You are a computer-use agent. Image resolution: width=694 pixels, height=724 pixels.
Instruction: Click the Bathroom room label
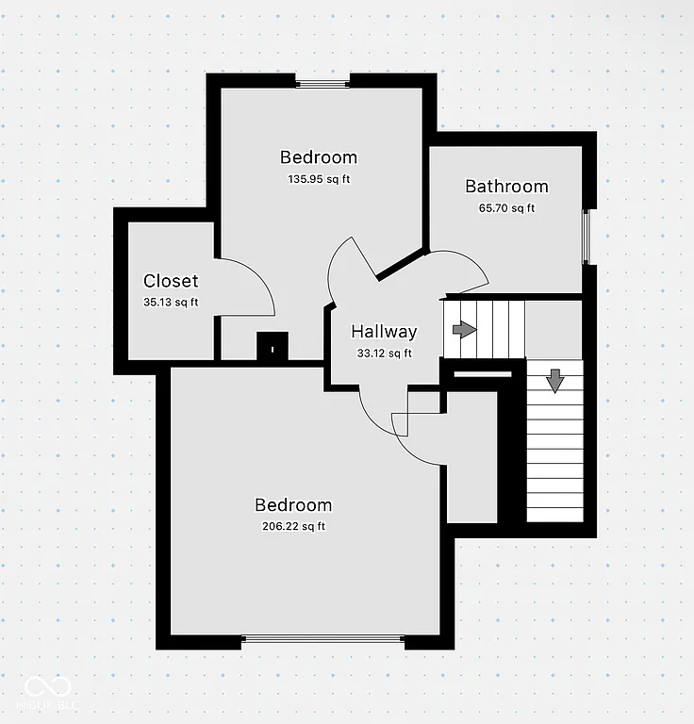point(506,187)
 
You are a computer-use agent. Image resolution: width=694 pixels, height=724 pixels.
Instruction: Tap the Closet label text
point(171,281)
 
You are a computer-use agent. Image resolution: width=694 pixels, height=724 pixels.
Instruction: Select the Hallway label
point(384,332)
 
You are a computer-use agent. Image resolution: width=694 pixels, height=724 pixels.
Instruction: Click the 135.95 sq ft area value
point(319,178)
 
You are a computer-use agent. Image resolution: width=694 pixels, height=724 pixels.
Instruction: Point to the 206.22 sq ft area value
point(293,527)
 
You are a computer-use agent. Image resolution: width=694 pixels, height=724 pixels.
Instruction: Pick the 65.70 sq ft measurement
point(506,208)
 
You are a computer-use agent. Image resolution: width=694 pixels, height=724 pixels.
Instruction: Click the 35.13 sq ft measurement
point(171,302)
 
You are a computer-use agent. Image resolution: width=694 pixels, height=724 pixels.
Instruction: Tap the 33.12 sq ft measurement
point(383,354)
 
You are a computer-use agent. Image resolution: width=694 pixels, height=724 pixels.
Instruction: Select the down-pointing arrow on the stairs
point(554,381)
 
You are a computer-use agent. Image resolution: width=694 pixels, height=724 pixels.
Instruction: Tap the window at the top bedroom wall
point(323,83)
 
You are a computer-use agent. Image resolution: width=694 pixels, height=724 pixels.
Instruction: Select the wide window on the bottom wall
point(324,640)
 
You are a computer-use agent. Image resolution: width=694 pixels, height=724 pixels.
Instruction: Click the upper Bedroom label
point(319,157)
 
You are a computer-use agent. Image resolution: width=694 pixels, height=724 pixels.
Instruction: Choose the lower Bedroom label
point(293,505)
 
